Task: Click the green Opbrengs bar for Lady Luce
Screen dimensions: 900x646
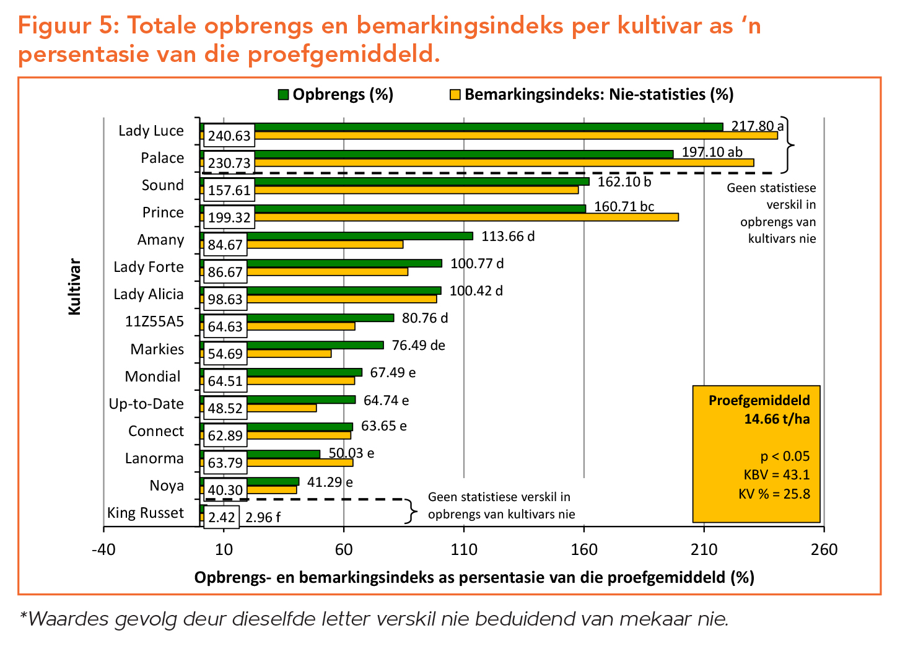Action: click(461, 127)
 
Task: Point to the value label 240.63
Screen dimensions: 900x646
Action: click(229, 136)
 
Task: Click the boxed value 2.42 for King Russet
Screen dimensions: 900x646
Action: click(221, 517)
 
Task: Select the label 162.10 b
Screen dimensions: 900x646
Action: click(624, 181)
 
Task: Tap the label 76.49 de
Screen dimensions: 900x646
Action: click(418, 346)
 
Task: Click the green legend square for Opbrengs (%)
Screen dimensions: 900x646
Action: click(283, 95)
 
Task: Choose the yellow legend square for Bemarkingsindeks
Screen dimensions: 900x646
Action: click(455, 95)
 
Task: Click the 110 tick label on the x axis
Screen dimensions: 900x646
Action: click(464, 549)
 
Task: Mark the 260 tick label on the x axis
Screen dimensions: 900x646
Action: click(824, 549)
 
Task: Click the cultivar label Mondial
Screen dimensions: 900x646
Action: click(152, 377)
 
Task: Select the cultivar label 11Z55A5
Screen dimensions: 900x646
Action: click(154, 321)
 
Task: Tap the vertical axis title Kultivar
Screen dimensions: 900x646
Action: click(75, 287)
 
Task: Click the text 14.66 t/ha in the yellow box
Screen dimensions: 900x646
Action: click(777, 419)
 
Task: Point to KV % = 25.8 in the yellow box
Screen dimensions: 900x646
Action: click(774, 494)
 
